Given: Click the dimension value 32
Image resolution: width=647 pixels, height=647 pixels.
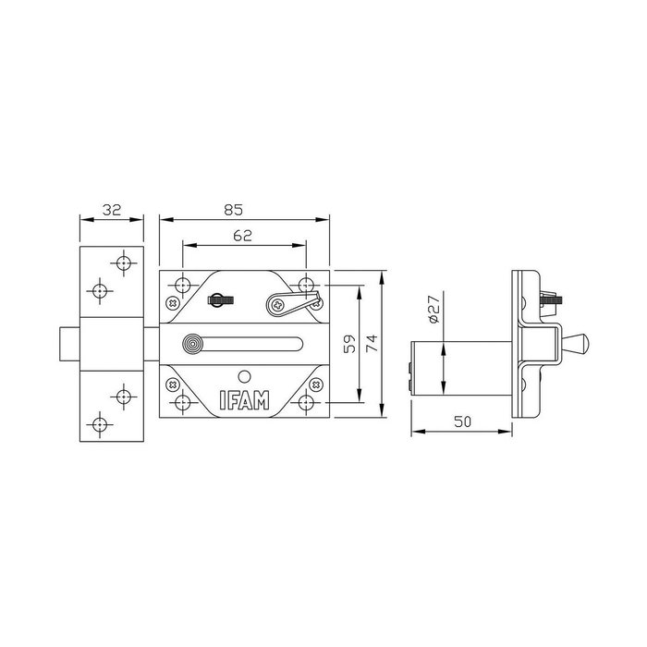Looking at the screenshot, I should [112, 210].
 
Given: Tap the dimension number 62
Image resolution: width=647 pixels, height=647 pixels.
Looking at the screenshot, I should [242, 236].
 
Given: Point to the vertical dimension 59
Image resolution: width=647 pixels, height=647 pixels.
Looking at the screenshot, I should [348, 343].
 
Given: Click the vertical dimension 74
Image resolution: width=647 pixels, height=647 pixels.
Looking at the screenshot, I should [372, 343].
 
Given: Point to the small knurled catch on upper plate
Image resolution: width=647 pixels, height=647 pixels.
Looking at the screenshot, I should [220, 298].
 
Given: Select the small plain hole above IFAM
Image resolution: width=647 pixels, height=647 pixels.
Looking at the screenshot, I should [243, 376].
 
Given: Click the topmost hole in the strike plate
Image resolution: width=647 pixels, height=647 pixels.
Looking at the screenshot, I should [123, 262].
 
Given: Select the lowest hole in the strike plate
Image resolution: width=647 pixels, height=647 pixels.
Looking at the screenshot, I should [101, 424].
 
